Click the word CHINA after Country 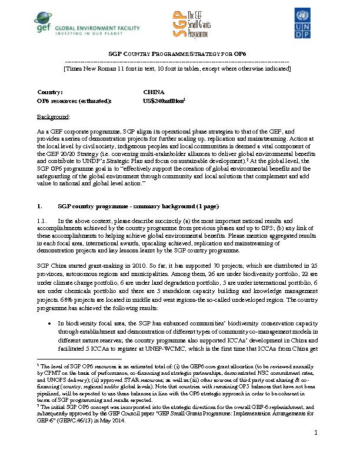155,92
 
